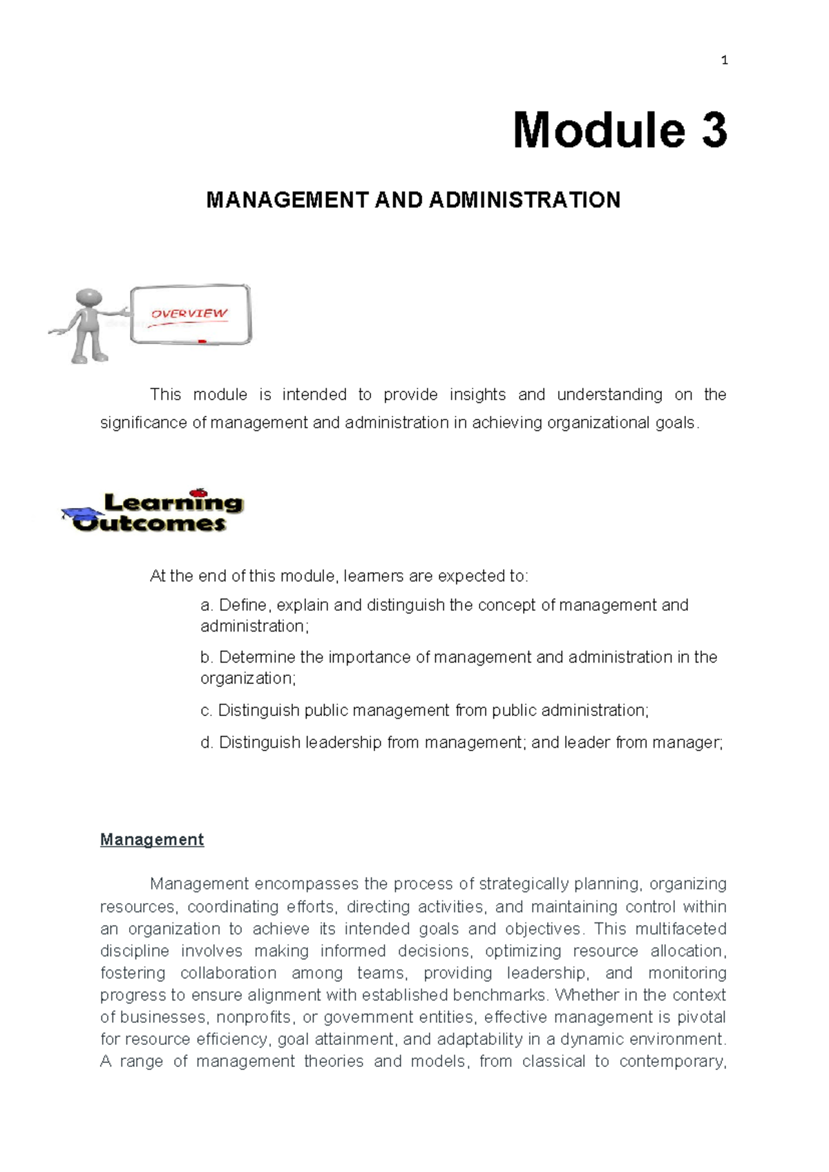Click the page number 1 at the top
724,61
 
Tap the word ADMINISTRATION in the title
524,200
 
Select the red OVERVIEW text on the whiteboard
189,314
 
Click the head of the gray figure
89,298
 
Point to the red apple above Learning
199,493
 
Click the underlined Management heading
152,840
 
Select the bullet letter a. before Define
207,605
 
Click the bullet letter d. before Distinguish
207,743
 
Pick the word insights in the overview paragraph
477,395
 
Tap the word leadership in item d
343,743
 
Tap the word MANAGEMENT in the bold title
287,200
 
